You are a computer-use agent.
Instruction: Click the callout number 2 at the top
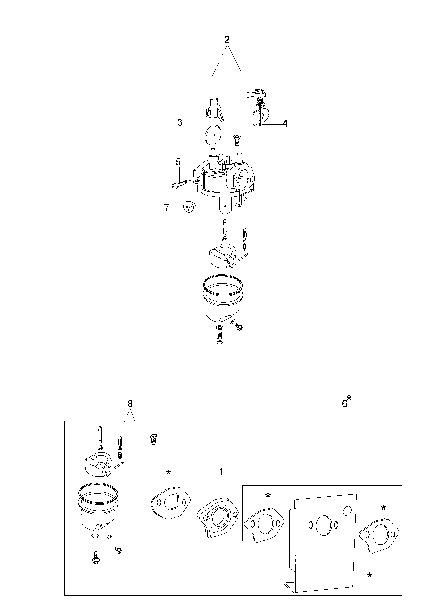pyautogui.click(x=227, y=40)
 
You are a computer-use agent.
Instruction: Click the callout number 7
pyautogui.click(x=166, y=208)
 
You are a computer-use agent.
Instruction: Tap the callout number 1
pyautogui.click(x=221, y=471)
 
